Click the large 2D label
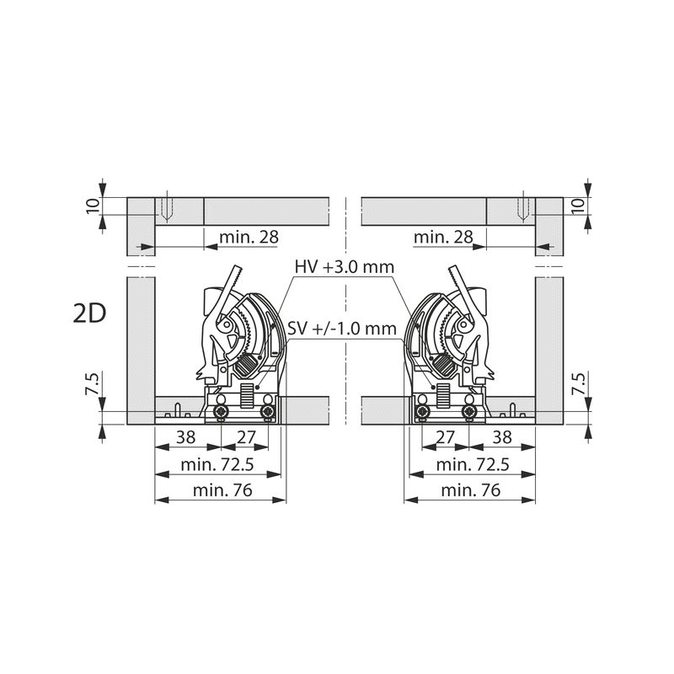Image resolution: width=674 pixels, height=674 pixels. (90, 313)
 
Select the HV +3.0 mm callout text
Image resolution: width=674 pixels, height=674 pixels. (345, 267)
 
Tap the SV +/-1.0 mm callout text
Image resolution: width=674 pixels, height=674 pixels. (342, 329)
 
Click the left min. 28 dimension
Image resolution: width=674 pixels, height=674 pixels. (249, 237)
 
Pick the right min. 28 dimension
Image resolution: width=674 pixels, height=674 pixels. (443, 237)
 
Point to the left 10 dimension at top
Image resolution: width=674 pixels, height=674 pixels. (94, 206)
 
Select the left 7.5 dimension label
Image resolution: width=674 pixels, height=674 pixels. (94, 384)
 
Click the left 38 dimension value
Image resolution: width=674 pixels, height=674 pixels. (186, 437)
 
